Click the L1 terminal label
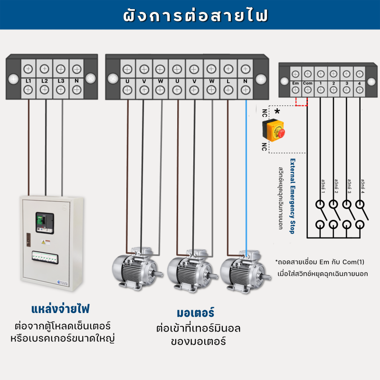tap(28, 81)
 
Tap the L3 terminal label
tap(61, 81)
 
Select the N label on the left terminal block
tap(77, 81)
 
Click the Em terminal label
tap(295, 84)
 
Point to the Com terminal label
tap(308, 84)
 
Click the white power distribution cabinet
tap(48, 245)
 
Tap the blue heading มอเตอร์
tap(195, 313)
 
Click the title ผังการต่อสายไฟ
tap(190, 15)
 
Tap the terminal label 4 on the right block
tap(360, 84)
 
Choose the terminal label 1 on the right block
tap(321, 84)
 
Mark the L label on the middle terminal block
tap(228, 81)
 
